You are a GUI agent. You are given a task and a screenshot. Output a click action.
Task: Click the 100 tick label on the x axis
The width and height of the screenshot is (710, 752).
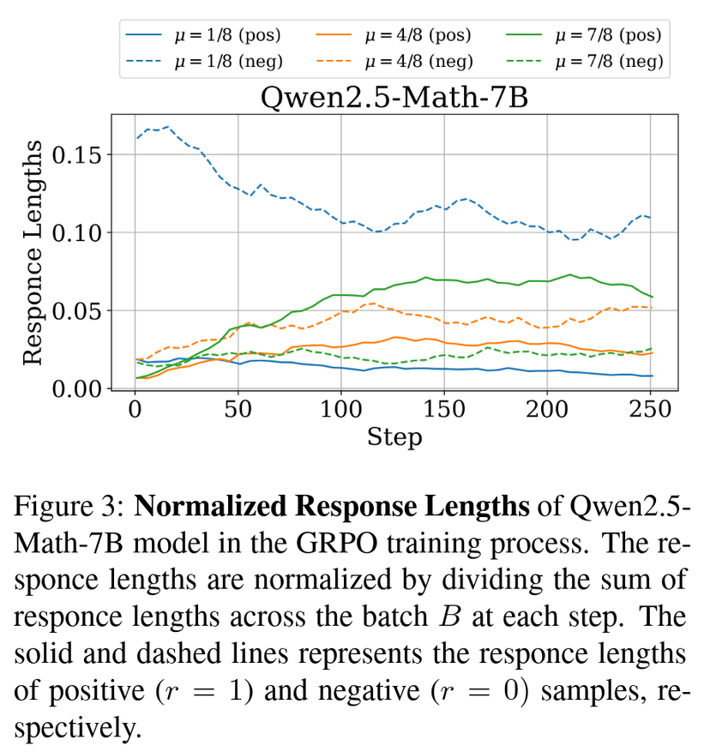[340, 411]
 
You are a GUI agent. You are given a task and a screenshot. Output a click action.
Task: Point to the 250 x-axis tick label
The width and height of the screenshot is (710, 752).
[651, 411]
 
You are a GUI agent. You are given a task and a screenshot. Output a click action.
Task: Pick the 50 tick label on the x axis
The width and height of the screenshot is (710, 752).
[238, 411]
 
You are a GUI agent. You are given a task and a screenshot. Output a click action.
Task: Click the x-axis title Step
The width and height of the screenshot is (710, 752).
[394, 437]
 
